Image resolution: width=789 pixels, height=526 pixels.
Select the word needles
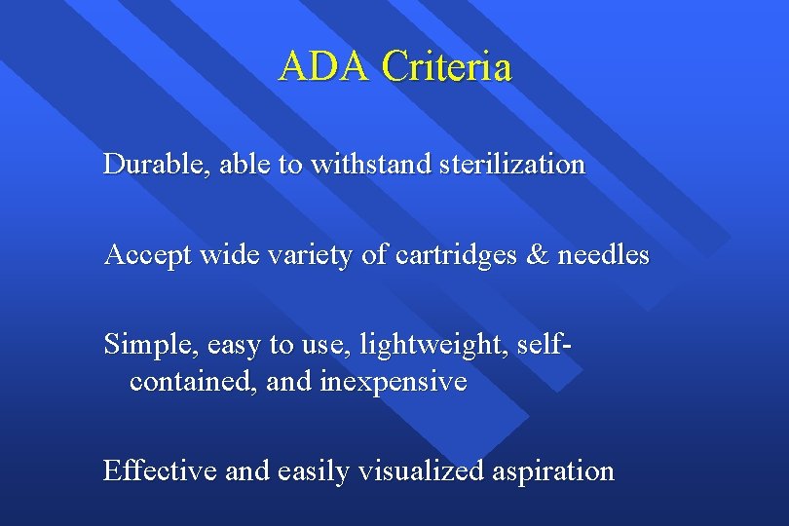click(x=603, y=256)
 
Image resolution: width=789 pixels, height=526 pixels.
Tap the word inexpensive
click(x=393, y=381)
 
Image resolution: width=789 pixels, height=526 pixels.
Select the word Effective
click(x=160, y=471)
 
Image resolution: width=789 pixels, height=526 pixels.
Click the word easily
click(x=314, y=471)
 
